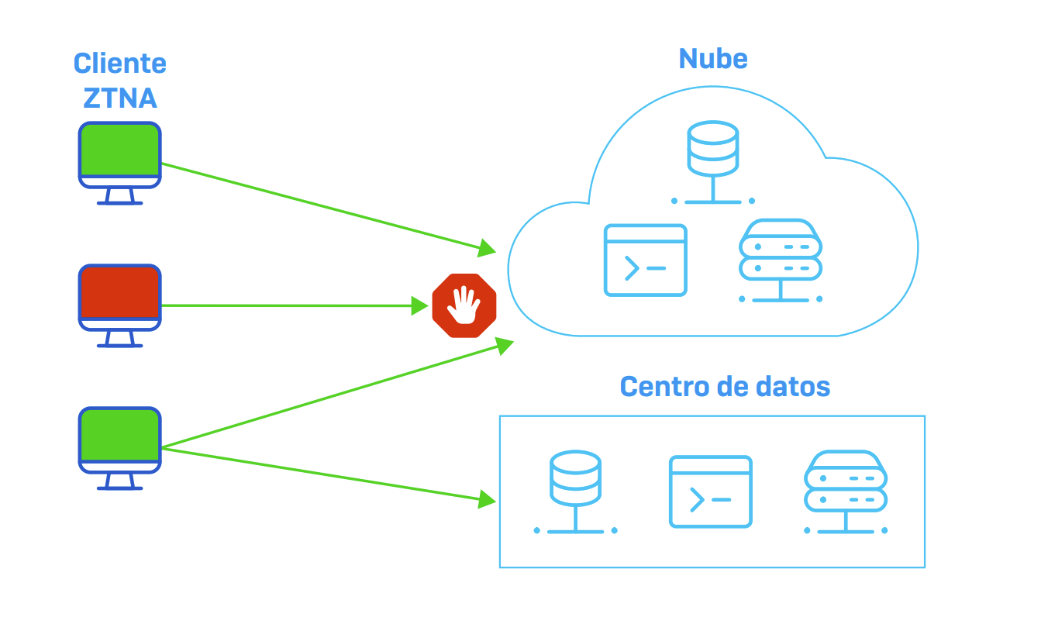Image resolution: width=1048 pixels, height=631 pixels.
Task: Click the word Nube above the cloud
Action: click(712, 59)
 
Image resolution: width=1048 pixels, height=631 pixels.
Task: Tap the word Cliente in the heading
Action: click(120, 64)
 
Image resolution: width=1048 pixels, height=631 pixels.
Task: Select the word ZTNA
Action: click(120, 98)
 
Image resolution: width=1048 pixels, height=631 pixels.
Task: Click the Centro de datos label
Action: click(725, 386)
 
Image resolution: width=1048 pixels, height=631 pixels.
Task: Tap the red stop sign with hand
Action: click(464, 305)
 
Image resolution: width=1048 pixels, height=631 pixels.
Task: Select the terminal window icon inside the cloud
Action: click(645, 260)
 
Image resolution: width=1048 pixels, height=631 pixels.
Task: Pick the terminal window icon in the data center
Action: click(710, 491)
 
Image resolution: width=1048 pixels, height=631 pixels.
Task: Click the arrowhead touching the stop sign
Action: click(419, 305)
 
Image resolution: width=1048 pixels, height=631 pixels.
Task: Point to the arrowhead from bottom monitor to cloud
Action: click(505, 345)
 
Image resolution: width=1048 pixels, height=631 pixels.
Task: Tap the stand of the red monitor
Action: click(120, 340)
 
